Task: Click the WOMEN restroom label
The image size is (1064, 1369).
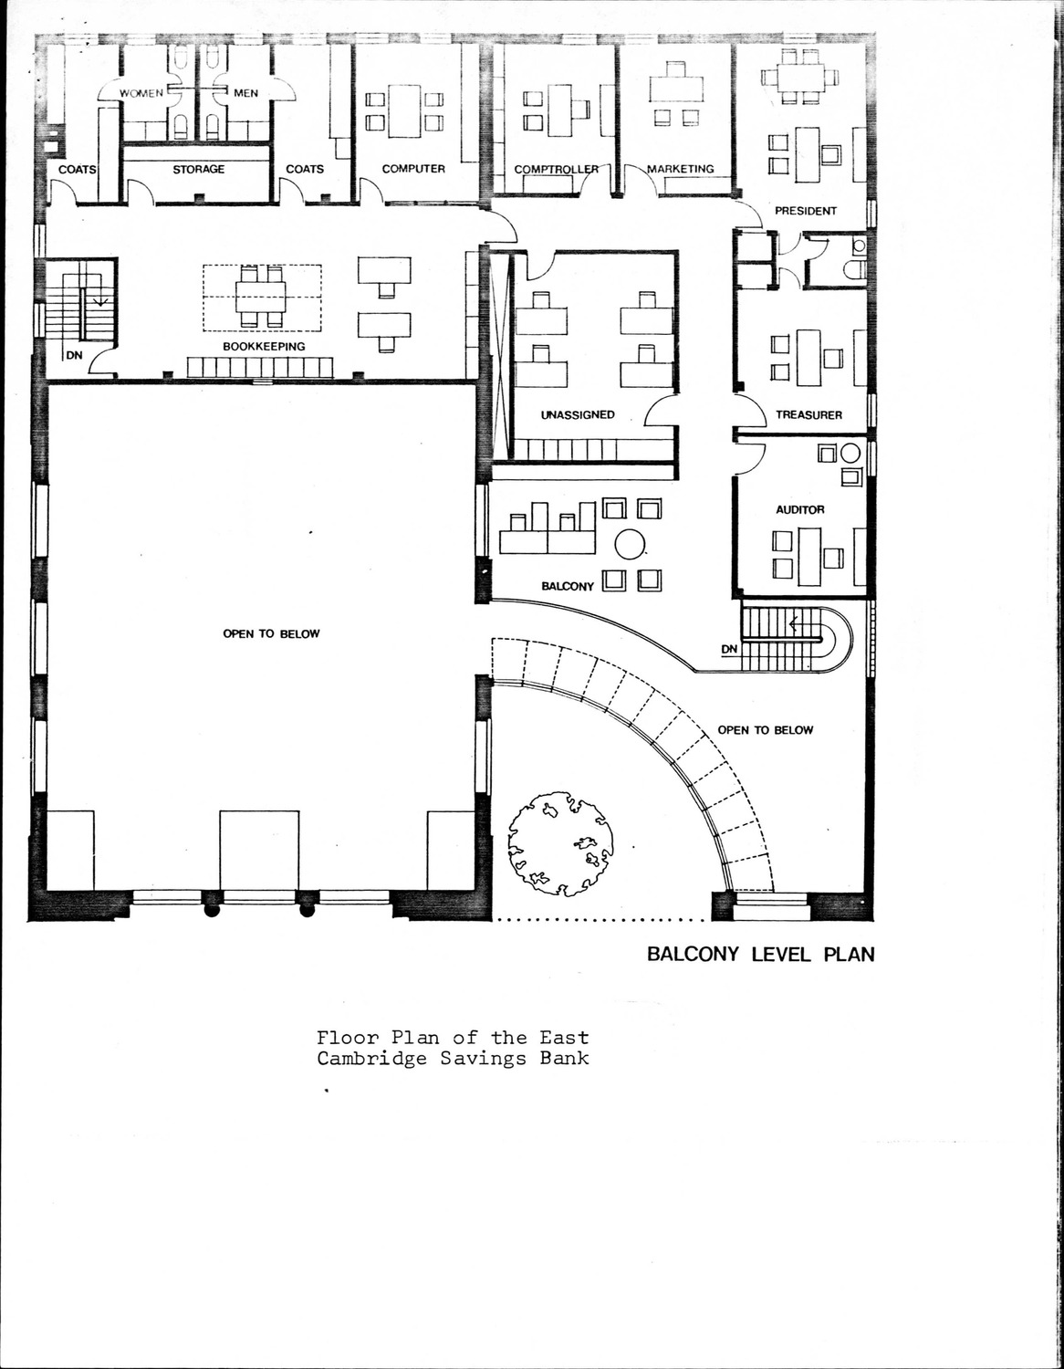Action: (141, 93)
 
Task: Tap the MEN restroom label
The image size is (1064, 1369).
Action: (245, 93)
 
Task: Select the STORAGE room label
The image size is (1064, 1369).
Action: (199, 169)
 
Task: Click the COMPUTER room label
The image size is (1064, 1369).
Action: (413, 169)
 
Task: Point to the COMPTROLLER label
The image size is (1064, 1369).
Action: (557, 169)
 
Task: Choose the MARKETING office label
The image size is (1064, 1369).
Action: (681, 169)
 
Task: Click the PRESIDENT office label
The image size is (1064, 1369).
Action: (806, 211)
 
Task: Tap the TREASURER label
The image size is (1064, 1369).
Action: (809, 415)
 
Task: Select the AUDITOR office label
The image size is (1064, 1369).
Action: (800, 509)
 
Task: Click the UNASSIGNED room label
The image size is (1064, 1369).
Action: (578, 415)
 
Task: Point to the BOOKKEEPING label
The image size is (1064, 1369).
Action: (264, 347)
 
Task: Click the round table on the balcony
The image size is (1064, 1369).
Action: (631, 544)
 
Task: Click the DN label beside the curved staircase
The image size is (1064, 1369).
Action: (730, 650)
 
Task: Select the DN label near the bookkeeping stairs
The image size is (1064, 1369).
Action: (74, 355)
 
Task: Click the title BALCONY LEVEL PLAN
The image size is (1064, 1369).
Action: (761, 955)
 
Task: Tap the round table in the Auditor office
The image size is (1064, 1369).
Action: (850, 454)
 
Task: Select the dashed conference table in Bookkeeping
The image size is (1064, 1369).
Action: (262, 298)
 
